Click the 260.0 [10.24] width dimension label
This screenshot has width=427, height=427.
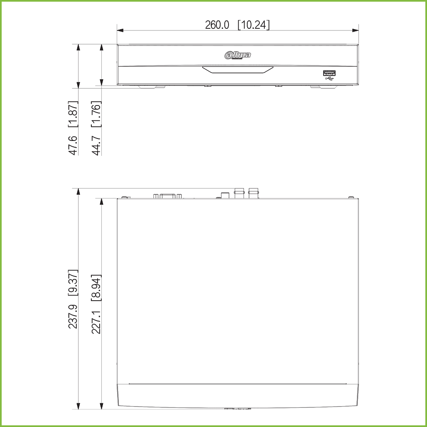(x=237, y=25)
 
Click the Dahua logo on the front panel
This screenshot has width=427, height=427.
(x=238, y=55)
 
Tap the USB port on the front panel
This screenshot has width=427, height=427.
(x=329, y=73)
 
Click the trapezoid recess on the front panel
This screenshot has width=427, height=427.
(x=238, y=70)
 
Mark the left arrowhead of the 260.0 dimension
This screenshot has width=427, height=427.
(x=120, y=30)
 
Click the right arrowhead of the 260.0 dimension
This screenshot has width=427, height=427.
(x=356, y=30)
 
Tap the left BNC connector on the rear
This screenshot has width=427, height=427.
(x=239, y=193)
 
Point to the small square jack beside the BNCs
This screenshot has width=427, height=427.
(x=225, y=195)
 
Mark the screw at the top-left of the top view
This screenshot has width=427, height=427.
(x=124, y=197)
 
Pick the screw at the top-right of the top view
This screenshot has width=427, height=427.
(x=351, y=197)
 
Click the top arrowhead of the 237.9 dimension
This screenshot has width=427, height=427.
(x=78, y=191)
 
